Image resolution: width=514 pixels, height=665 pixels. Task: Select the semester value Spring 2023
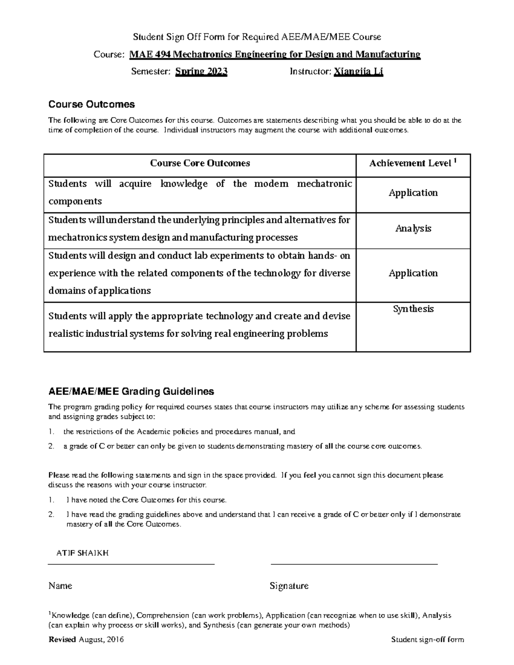[x=201, y=72]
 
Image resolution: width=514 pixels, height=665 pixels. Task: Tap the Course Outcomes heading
[x=91, y=104]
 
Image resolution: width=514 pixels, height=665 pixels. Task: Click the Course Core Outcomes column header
[x=200, y=163]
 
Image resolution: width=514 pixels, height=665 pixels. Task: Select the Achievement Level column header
[x=410, y=163]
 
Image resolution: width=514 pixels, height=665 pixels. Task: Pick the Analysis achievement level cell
[x=413, y=229]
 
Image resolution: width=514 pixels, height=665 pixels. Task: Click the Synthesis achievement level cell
[x=413, y=309]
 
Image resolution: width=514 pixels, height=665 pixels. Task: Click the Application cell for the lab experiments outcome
[x=413, y=273]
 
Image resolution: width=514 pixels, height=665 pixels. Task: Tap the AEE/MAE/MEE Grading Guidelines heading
[x=131, y=391]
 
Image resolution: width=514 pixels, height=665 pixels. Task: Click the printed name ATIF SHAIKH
[x=82, y=553]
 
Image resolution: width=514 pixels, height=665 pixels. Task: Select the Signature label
[x=289, y=586]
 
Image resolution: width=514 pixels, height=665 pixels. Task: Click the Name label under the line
[x=60, y=586]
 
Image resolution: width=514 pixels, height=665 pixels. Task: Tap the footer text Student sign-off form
[x=427, y=640]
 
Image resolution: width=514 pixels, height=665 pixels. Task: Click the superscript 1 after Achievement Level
[x=455, y=161]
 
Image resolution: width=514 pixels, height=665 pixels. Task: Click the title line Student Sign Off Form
[x=257, y=37]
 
